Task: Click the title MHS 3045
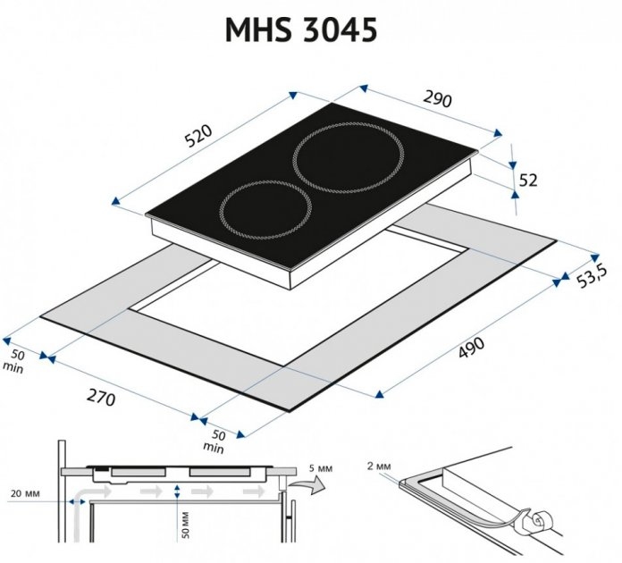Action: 300,30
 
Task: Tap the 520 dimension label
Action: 199,136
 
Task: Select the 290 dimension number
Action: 438,99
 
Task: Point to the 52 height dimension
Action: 528,181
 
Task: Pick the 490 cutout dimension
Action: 472,348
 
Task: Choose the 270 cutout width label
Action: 101,397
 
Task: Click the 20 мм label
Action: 25,493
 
